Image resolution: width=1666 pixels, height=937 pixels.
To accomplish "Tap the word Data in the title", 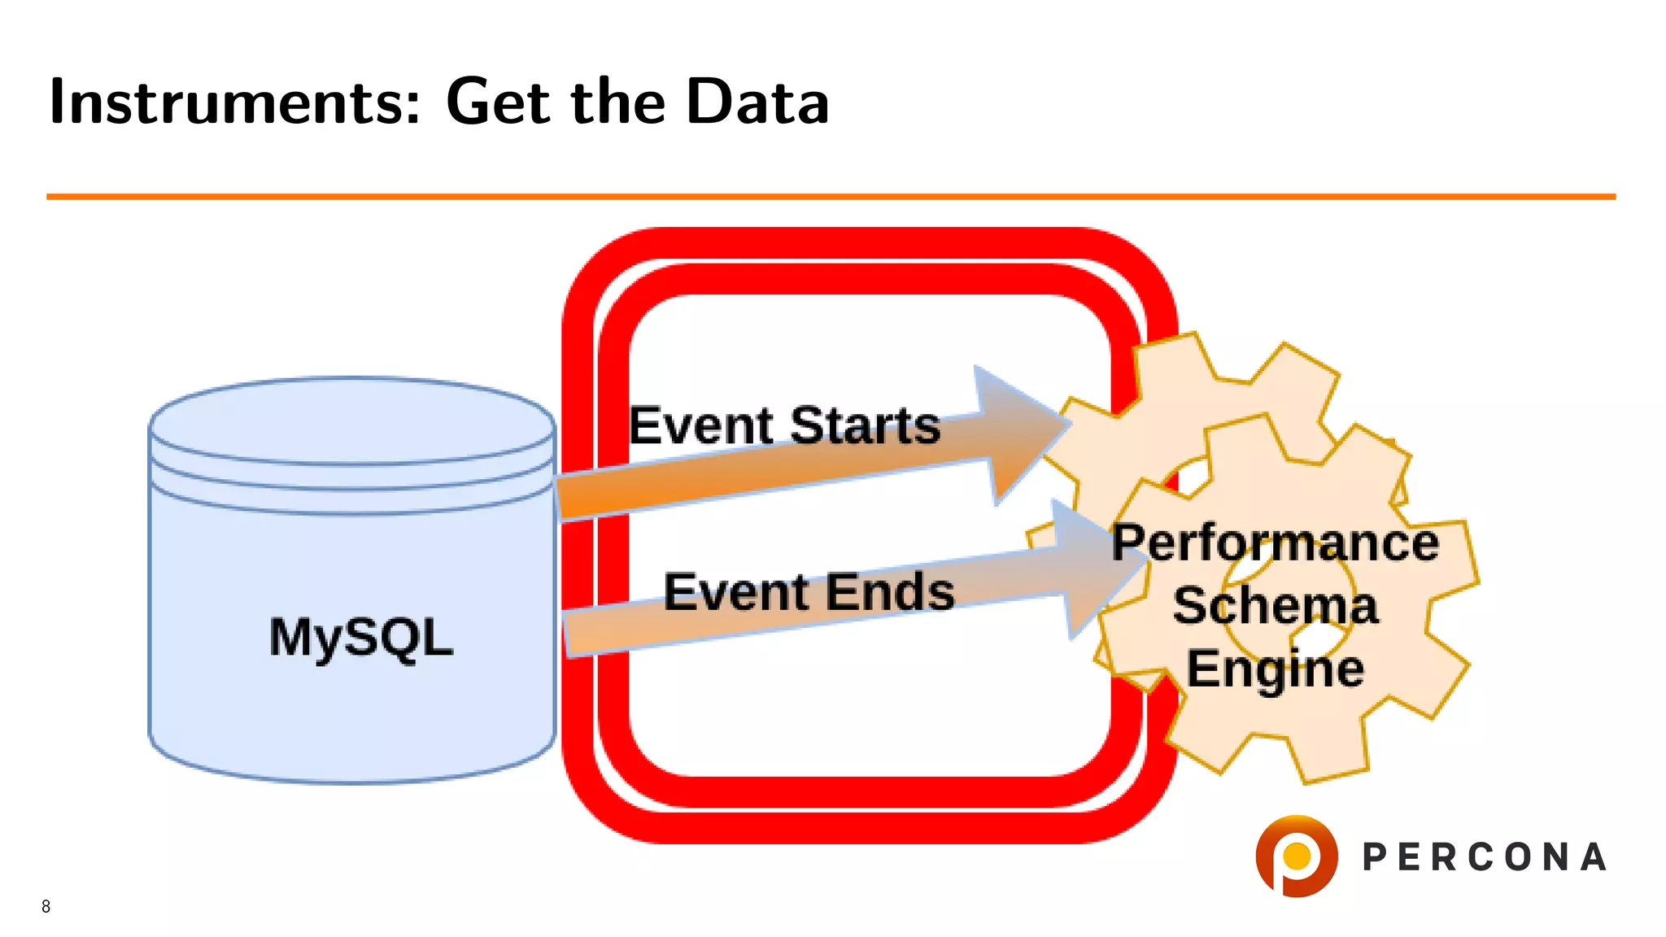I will pos(757,102).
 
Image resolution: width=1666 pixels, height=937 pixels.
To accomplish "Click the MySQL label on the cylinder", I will pos(360,637).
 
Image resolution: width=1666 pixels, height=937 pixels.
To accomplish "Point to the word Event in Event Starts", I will pos(701,425).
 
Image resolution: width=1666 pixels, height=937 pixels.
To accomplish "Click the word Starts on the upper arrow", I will pos(865,425).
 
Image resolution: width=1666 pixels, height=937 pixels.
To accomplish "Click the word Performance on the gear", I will pos(1275,543).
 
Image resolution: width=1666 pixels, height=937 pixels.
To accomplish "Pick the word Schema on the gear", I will pos(1275,606).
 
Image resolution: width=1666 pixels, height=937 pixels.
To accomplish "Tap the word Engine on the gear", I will pos(1275,669).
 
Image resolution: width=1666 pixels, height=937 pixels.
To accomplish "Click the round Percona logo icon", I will pos(1296,856).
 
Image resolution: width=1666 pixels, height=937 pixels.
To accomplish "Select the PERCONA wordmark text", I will pos(1484,857).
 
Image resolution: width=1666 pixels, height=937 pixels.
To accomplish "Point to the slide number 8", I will pos(46,906).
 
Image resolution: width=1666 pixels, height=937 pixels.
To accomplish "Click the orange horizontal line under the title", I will pos(830,196).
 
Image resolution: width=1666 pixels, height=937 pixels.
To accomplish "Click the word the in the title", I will pos(618,102).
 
